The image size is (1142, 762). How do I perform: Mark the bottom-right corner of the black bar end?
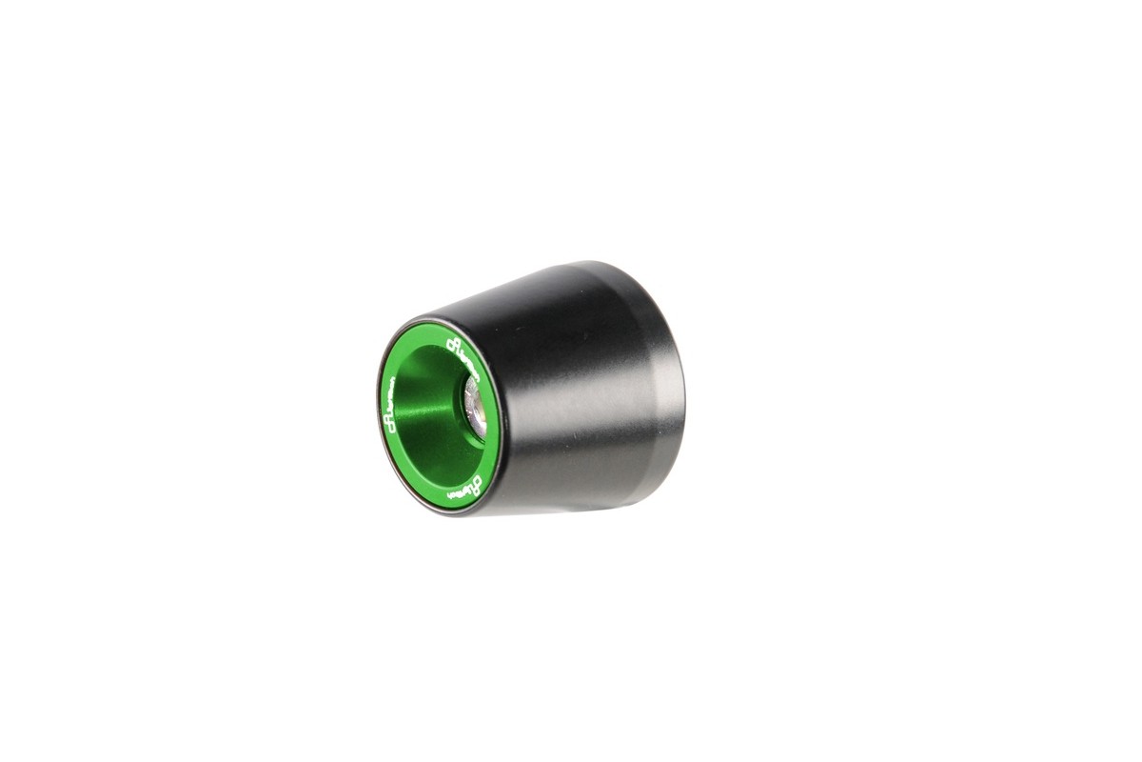click(666, 476)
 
